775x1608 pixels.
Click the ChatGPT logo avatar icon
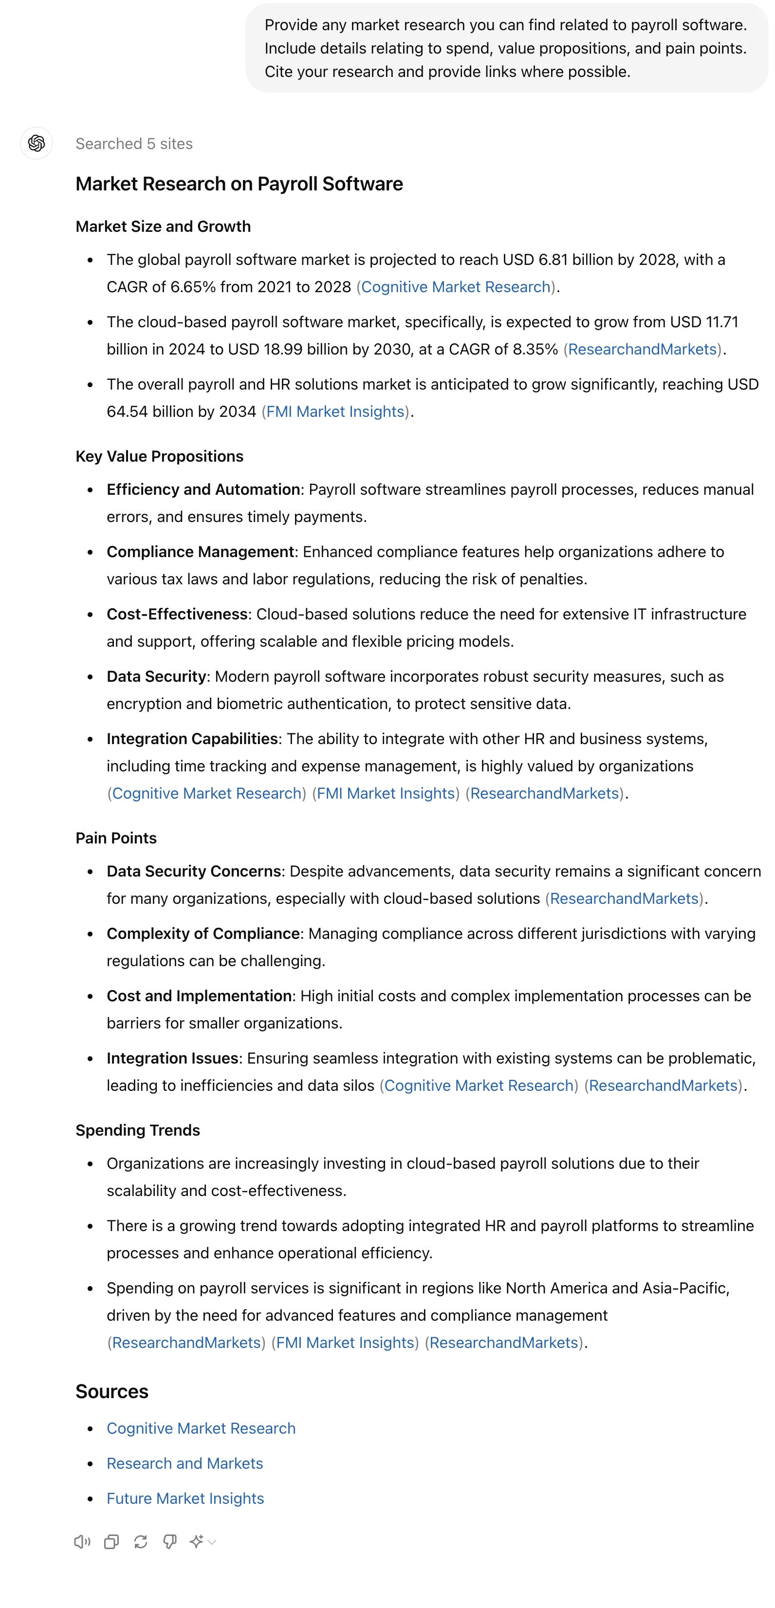(x=36, y=144)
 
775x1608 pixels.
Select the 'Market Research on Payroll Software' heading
(x=239, y=184)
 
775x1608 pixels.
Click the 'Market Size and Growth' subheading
(x=163, y=226)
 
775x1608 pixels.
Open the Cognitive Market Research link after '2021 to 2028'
(x=456, y=287)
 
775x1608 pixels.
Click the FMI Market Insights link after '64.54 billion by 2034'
(x=335, y=412)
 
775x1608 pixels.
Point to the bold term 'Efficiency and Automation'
(x=203, y=490)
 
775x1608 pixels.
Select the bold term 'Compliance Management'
(x=200, y=552)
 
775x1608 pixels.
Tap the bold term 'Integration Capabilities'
(x=192, y=740)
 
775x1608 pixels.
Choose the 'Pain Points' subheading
(x=116, y=839)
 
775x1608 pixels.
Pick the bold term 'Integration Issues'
(x=172, y=1059)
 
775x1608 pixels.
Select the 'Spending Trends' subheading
(x=137, y=1130)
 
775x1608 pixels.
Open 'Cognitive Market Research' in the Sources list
(x=201, y=1429)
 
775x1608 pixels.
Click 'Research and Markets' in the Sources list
(x=185, y=1464)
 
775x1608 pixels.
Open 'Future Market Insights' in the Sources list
(x=185, y=1499)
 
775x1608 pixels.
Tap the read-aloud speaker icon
(x=82, y=1542)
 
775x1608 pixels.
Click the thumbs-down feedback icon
(x=169, y=1542)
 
